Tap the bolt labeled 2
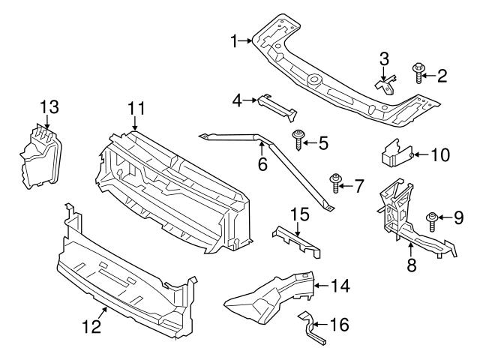pos(418,73)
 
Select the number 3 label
pos(383,58)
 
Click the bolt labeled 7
pos(335,181)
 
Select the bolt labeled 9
pos(433,219)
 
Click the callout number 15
pos(299,214)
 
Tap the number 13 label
pos(48,107)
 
